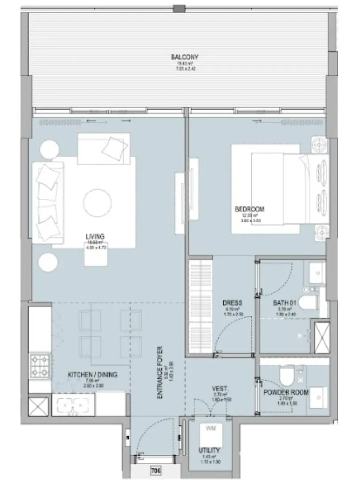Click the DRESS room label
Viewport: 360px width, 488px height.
coord(232,303)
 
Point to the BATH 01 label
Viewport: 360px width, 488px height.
coord(284,303)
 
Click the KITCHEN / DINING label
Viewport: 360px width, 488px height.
coord(92,375)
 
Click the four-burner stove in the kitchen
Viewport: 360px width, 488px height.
coord(40,365)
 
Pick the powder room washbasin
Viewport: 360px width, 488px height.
coord(319,395)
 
